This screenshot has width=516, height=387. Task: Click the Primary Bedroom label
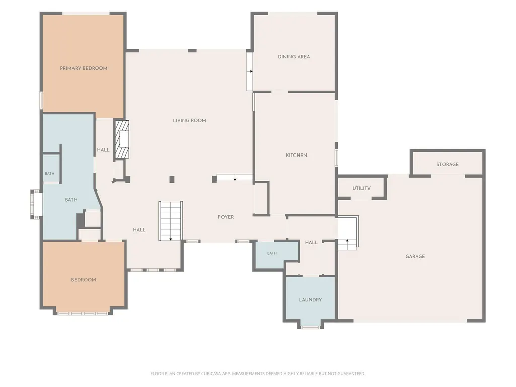[84, 68]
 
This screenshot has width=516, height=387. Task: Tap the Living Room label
[190, 120]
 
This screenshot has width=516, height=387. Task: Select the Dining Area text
[294, 56]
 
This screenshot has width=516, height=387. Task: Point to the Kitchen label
[297, 155]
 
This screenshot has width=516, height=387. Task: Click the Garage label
[415, 256]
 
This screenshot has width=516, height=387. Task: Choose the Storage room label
[448, 164]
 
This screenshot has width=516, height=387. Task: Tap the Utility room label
[361, 188]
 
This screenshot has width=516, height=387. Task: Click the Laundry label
[310, 300]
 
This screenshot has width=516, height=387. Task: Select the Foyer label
[226, 217]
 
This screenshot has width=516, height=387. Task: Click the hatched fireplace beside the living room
[121, 139]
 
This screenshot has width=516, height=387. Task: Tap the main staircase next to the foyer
[171, 221]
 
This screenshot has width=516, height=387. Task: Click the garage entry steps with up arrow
[348, 233]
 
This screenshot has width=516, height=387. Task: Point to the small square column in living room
[172, 179]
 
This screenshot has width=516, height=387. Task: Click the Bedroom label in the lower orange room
[84, 280]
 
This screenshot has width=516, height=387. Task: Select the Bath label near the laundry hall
[272, 253]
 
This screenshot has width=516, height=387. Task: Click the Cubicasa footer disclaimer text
[258, 374]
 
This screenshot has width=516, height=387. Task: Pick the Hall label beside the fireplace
[103, 150]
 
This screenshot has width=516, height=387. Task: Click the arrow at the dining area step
[251, 71]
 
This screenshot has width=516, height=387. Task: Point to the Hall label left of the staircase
[139, 230]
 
